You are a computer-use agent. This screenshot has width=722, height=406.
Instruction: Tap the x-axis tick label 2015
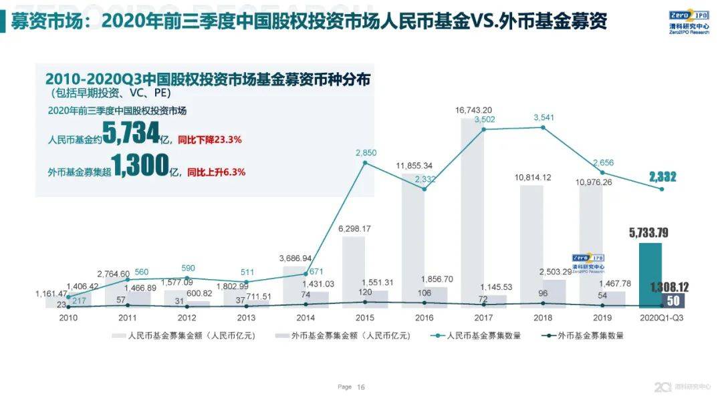coord(365,318)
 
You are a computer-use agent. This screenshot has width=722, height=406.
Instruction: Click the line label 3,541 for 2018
coord(544,118)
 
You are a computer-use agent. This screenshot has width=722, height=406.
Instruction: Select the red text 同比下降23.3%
coord(209,140)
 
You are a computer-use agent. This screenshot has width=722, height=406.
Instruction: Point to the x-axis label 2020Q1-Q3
coord(661,318)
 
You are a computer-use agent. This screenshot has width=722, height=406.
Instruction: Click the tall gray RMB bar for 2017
coord(473,214)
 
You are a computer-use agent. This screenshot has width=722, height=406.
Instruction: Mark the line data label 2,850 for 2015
coord(366,153)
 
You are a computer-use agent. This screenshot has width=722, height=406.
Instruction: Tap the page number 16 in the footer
coord(361,387)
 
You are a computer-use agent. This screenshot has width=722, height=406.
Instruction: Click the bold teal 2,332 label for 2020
coord(662,177)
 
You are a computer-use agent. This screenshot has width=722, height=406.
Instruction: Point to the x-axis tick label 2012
coord(187,318)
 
